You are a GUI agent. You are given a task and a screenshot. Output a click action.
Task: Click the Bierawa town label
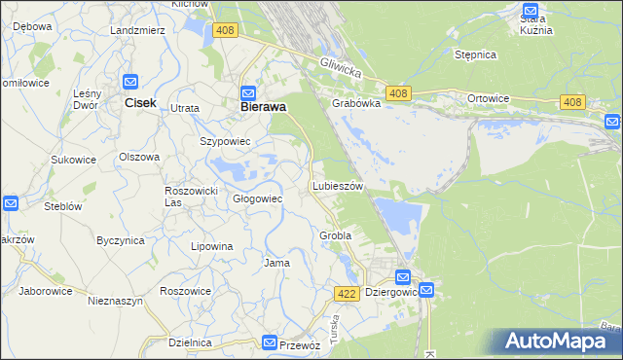(263, 108)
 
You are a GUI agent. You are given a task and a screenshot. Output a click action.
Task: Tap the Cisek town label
(134, 103)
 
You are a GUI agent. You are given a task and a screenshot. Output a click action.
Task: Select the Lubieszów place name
(338, 186)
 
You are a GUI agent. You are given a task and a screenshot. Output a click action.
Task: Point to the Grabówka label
(354, 109)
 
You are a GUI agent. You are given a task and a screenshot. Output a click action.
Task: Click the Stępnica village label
(476, 55)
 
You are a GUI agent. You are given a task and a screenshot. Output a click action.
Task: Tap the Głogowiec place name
(257, 198)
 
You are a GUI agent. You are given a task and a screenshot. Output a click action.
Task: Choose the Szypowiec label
(226, 141)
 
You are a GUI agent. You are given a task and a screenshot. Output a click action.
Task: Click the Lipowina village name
(212, 246)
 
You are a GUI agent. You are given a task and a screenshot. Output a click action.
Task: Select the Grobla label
(335, 235)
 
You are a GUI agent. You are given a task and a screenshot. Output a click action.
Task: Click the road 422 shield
(347, 293)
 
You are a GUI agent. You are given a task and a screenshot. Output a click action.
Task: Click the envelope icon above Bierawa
(247, 92)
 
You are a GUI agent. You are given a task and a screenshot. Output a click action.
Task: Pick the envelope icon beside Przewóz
(270, 342)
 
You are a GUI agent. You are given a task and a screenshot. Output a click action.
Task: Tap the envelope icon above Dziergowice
(404, 277)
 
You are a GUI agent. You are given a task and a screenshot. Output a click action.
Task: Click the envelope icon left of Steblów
(10, 203)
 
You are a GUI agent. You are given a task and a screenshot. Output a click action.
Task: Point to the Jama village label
(277, 263)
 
